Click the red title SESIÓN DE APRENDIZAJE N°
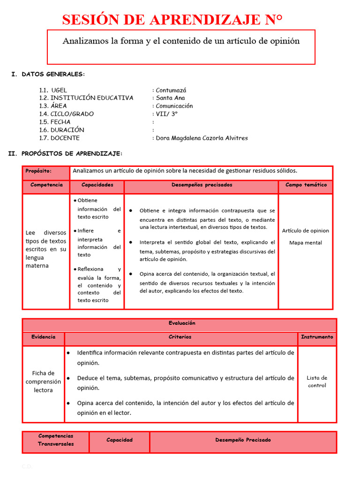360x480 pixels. coord(172,20)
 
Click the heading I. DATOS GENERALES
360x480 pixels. coord(48,74)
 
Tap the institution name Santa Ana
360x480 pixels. coord(170,98)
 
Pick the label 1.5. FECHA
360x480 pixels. coord(55,122)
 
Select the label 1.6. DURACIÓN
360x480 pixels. coord(62,130)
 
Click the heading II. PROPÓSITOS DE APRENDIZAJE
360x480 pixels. coord(66,153)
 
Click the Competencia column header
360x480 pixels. coord(46,185)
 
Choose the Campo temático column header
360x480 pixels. coord(306,185)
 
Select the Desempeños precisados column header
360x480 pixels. coord(202,185)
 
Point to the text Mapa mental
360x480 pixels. coord(306,243)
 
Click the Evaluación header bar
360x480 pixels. coord(182,323)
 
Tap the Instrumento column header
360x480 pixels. coord(317,337)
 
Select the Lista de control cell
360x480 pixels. coord(317,382)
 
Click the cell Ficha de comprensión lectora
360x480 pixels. coord(43,382)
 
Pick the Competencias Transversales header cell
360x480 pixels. coord(56,440)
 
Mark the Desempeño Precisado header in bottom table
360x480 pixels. coord(243,440)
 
